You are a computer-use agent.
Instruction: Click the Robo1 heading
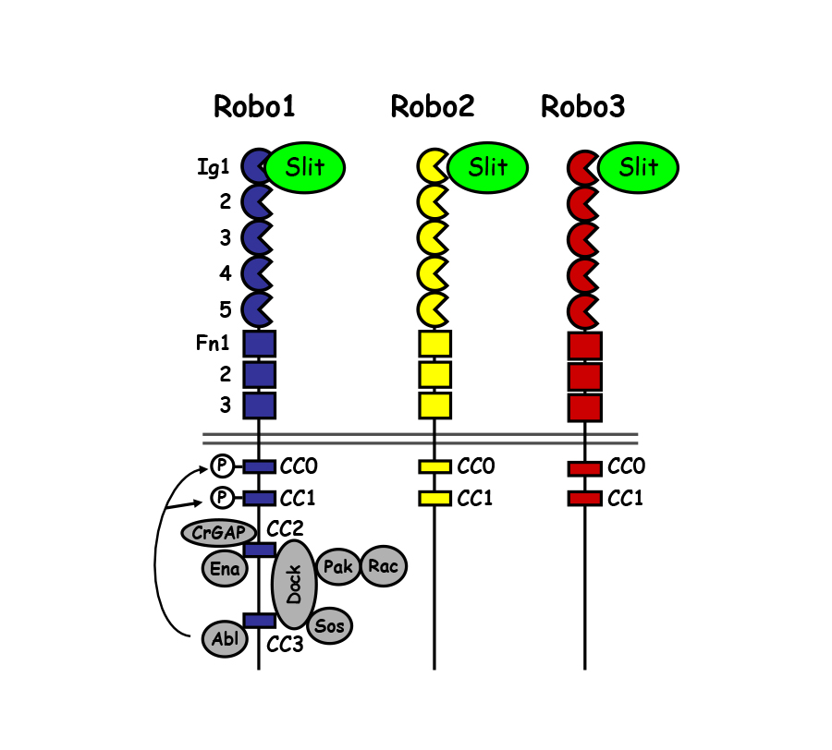254,107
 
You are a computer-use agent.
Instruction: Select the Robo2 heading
433,107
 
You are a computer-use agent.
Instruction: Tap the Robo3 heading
583,107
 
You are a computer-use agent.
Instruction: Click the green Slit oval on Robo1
305,167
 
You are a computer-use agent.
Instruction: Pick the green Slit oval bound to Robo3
639,167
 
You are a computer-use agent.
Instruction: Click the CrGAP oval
214,533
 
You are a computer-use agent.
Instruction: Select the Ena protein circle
225,569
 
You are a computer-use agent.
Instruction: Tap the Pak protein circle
338,566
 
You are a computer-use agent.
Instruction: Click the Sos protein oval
329,626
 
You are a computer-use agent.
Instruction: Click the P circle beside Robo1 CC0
222,466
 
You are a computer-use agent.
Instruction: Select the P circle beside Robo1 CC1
222,499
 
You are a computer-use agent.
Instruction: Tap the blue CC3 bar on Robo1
259,620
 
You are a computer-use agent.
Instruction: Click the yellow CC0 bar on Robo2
434,466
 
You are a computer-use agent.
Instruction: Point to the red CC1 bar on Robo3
585,499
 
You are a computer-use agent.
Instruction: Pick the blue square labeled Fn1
259,344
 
